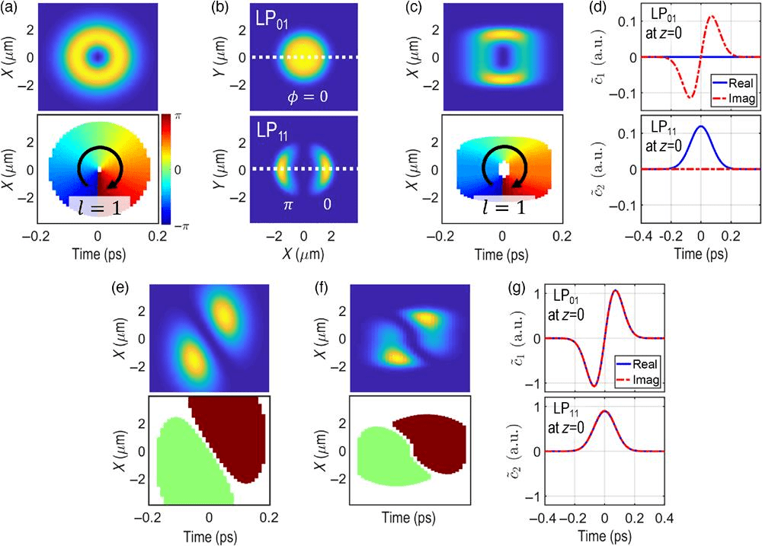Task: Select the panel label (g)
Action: [x=523, y=290]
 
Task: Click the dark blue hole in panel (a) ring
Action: [x=96, y=55]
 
